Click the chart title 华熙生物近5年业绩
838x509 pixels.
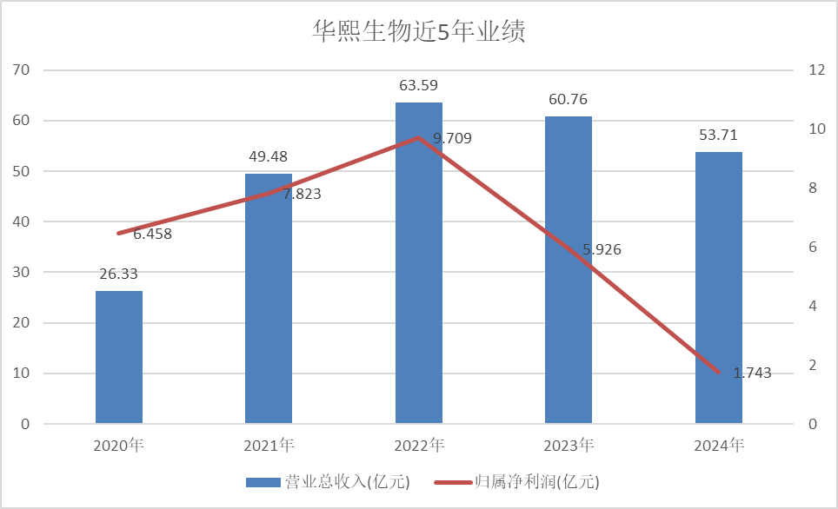point(419,32)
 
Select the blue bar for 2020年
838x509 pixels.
point(119,357)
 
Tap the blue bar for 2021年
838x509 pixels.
point(269,299)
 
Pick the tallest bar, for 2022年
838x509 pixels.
point(419,263)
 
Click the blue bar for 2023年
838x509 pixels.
point(569,270)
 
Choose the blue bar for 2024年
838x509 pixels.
point(719,288)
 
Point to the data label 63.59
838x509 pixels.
point(419,85)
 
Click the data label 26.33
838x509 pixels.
point(119,274)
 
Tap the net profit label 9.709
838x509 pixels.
point(452,137)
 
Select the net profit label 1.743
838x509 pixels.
point(752,373)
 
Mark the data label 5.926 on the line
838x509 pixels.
point(602,249)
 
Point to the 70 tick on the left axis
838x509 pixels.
point(22,69)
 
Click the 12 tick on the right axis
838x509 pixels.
point(816,69)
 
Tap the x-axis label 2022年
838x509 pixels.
point(419,446)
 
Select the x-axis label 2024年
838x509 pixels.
point(719,446)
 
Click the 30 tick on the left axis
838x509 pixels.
point(22,272)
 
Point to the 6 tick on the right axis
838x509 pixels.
point(813,247)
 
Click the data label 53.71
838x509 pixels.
point(719,135)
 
